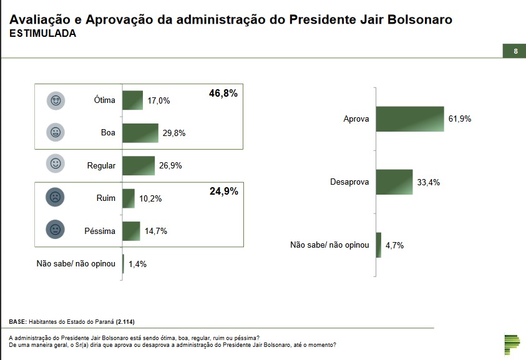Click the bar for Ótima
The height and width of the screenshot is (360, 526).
[132, 100]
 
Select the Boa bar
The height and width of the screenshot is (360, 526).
[140, 133]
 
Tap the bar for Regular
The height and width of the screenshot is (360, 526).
[139, 165]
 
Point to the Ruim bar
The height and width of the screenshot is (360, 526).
[129, 198]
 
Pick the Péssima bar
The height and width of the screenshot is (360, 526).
[131, 231]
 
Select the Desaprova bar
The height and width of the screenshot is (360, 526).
[394, 182]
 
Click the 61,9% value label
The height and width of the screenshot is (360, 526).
[459, 119]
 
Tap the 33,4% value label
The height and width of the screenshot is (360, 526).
[429, 182]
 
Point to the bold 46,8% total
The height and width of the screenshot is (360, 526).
[223, 93]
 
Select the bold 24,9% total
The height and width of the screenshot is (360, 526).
[223, 191]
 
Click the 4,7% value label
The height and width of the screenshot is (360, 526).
[394, 245]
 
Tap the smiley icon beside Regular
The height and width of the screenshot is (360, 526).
[56, 164]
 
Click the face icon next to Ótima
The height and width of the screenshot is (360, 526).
[56, 100]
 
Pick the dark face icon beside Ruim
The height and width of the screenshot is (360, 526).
[56, 198]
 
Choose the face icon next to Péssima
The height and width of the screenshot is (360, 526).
[56, 230]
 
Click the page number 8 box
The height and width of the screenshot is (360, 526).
[515, 51]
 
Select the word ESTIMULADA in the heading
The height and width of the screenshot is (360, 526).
[43, 34]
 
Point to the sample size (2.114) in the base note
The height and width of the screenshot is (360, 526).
[124, 322]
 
